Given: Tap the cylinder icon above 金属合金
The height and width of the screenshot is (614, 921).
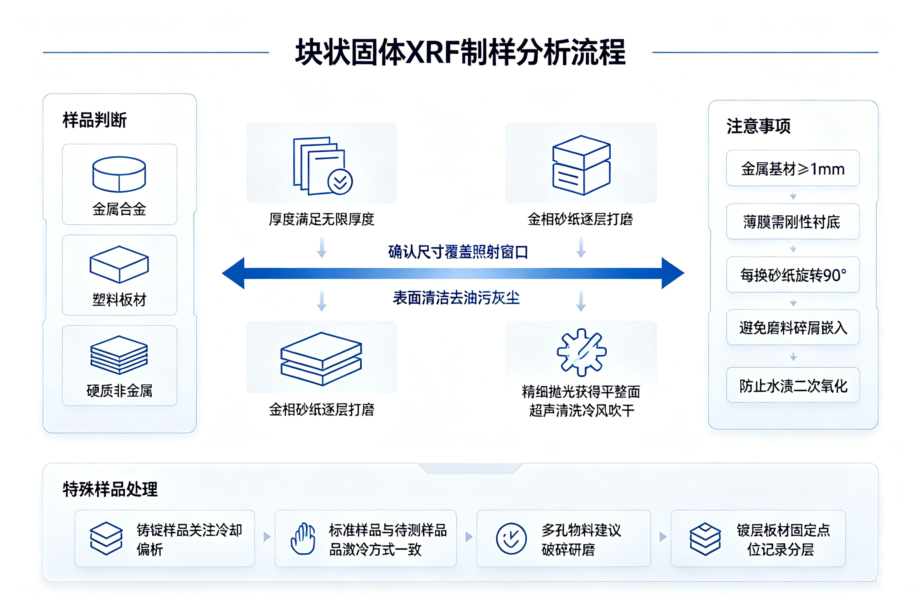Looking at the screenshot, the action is [119, 174].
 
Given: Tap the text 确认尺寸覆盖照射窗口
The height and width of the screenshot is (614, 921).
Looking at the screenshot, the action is [458, 252].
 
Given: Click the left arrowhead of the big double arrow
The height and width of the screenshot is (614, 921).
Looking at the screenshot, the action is [233, 273].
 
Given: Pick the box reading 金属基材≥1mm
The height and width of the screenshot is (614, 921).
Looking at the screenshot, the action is [793, 168].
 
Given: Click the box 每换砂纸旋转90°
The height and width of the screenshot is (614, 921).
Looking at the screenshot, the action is [793, 275].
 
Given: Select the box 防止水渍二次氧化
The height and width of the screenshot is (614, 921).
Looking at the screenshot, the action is [793, 385].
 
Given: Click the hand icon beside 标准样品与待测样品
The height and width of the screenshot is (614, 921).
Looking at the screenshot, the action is [303, 538].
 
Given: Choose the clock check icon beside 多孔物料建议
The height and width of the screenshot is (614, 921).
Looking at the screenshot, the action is [511, 538].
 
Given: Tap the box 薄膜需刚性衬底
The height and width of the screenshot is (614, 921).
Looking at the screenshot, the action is [793, 221].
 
